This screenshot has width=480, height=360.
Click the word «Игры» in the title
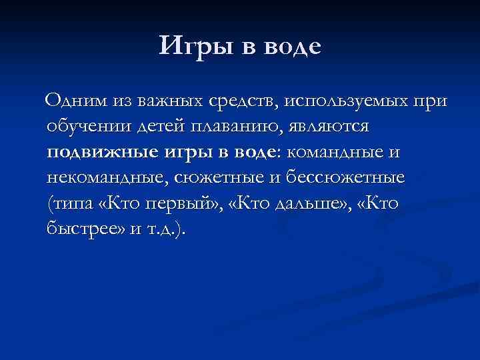pyautogui.click(x=195, y=46)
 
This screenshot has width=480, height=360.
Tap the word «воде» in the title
pyautogui.click(x=293, y=46)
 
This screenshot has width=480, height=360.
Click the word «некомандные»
pyautogui.click(x=104, y=178)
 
